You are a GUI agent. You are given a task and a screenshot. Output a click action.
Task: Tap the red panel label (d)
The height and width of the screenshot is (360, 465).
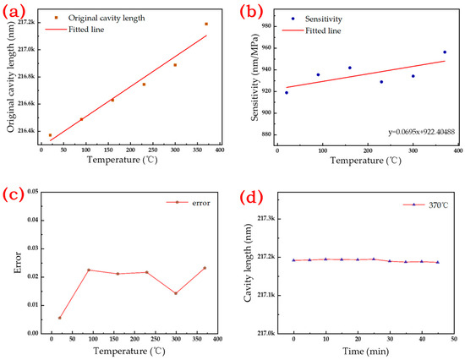251,198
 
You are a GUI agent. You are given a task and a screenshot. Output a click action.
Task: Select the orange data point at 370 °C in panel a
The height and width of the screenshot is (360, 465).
206,24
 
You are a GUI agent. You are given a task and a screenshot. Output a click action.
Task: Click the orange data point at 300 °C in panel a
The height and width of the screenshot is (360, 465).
175,65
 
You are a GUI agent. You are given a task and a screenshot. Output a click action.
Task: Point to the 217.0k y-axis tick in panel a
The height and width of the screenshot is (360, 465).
26,50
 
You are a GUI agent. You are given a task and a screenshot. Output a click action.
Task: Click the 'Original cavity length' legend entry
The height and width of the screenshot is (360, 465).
100,18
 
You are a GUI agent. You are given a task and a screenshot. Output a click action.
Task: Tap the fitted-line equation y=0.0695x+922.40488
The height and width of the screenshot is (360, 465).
421,132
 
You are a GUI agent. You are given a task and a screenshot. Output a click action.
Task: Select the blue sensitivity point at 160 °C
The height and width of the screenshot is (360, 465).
350,68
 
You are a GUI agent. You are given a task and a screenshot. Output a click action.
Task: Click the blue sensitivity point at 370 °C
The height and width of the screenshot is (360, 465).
445,52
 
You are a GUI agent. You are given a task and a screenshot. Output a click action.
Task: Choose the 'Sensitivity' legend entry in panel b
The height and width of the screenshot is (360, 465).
317,19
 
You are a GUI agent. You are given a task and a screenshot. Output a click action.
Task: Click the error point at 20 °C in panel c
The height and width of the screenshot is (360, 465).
60,318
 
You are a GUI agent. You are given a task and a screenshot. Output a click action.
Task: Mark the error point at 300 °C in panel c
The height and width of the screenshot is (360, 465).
176,293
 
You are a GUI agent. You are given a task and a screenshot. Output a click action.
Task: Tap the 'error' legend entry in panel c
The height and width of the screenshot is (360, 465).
189,203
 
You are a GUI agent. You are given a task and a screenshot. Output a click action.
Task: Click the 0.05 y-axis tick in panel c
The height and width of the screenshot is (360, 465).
33,192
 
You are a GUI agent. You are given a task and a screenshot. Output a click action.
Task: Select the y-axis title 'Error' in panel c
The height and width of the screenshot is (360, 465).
18,263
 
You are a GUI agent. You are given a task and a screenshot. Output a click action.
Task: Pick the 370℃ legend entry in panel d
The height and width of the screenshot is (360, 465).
425,205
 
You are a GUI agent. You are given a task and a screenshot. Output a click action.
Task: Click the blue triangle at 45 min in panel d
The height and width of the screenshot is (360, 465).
438,262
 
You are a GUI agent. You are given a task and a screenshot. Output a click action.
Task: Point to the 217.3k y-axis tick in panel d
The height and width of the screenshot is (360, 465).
266,219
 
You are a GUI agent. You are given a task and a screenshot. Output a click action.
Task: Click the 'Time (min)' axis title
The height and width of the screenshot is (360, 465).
365,352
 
